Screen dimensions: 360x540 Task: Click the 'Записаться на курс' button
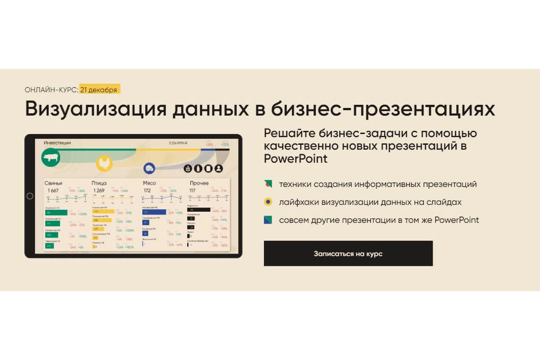pyautogui.click(x=348, y=253)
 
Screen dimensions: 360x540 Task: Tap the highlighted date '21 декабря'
pyautogui.click(x=99, y=90)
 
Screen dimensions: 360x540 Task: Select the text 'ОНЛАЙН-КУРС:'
pyautogui.click(x=51, y=90)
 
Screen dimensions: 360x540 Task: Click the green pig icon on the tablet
pyautogui.click(x=51, y=157)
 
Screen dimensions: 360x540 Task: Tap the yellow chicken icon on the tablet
pyautogui.click(x=104, y=163)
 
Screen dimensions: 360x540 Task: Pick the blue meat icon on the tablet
pyautogui.click(x=149, y=168)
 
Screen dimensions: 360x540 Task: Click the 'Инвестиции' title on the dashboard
pyautogui.click(x=57, y=143)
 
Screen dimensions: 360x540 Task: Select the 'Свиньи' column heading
pyautogui.click(x=53, y=183)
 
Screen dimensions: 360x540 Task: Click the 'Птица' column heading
pyautogui.click(x=99, y=183)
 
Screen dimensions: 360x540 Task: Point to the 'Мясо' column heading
pyautogui.click(x=149, y=183)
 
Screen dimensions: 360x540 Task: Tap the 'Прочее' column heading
pyautogui.click(x=199, y=183)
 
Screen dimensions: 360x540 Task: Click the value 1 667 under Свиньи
pyautogui.click(x=53, y=191)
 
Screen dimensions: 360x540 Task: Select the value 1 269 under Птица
pyautogui.click(x=99, y=191)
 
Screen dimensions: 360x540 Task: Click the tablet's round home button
pyautogui.click(x=30, y=196)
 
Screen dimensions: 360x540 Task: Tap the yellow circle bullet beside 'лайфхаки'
pyautogui.click(x=268, y=202)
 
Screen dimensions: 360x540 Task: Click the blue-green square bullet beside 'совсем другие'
pyautogui.click(x=268, y=220)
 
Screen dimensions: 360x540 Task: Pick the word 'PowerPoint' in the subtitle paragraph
pyautogui.click(x=295, y=159)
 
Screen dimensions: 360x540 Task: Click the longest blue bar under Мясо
pyautogui.click(x=154, y=212)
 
